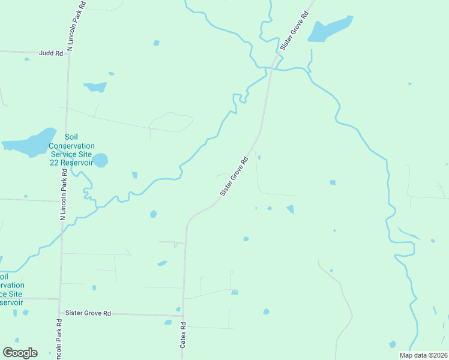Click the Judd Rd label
(x=51, y=53)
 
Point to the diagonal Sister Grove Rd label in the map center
(x=234, y=177)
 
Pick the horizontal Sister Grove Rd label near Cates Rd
(x=88, y=313)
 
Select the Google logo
(x=20, y=353)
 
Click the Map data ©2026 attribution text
(x=423, y=355)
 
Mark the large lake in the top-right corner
(x=330, y=29)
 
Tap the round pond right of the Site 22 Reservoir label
(x=101, y=161)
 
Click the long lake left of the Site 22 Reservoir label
(x=28, y=142)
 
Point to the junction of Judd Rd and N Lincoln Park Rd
(x=68, y=53)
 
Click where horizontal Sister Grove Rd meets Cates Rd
(x=183, y=314)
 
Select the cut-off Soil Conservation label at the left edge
(x=12, y=289)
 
